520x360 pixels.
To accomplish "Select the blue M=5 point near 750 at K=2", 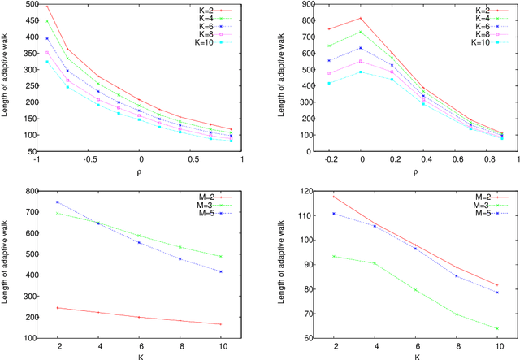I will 58,202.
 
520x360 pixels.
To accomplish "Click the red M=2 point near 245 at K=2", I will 58,308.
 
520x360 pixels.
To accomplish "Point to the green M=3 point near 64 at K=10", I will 497,328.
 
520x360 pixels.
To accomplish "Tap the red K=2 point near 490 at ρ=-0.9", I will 47,7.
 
